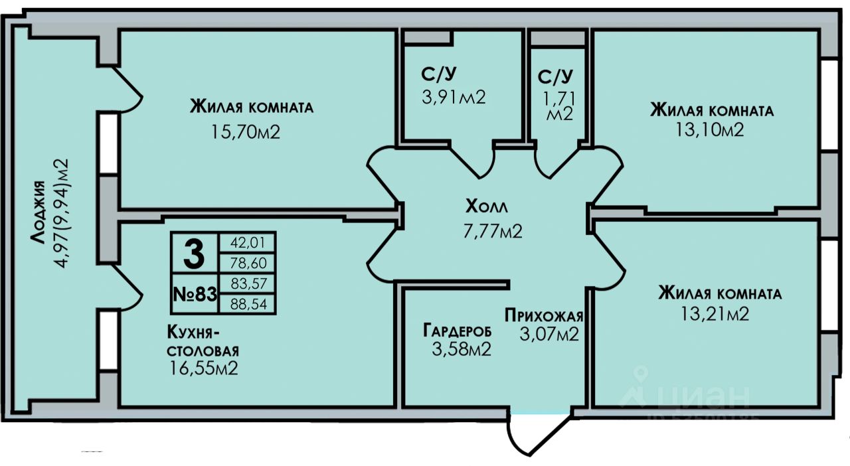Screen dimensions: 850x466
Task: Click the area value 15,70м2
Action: (x=245, y=132)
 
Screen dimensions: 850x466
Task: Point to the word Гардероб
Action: (x=458, y=329)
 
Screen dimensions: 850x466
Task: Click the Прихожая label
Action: (x=544, y=315)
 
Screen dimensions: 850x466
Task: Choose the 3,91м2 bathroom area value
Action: (x=454, y=97)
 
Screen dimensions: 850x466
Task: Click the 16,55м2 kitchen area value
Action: (x=204, y=367)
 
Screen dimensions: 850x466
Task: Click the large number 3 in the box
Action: (x=193, y=253)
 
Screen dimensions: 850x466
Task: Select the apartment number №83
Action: (x=195, y=293)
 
